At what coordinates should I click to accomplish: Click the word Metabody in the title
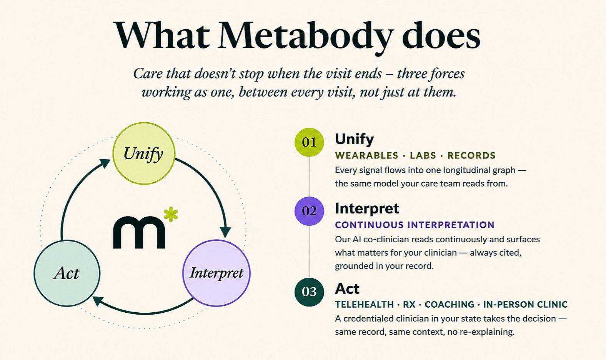point(305,37)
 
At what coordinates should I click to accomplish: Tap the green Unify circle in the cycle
point(144,153)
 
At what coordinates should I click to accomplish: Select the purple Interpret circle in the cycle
point(216,273)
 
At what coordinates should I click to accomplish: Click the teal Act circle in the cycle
point(67,273)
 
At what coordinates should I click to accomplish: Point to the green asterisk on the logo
point(171,214)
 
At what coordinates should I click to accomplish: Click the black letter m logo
point(139,232)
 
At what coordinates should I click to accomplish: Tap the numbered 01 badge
point(309,142)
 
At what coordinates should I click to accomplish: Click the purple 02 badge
point(309,211)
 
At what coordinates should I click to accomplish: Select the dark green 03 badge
point(309,292)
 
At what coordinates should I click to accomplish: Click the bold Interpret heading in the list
point(367,209)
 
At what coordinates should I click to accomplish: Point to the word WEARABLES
point(366,155)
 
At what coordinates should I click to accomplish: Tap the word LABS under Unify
point(423,155)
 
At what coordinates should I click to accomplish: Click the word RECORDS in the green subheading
point(471,155)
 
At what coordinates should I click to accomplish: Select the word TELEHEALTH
point(365,305)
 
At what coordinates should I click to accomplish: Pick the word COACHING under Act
point(450,305)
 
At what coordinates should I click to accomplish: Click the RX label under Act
point(409,305)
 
